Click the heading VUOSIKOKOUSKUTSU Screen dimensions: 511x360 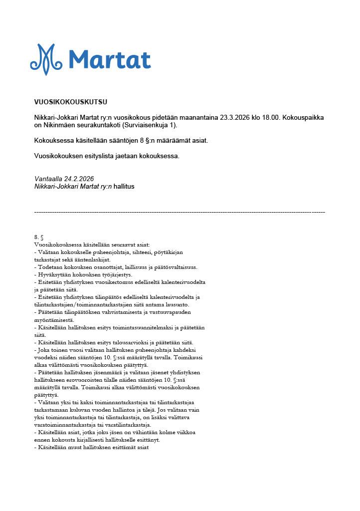pos(70,102)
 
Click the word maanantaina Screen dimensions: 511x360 pos(198,117)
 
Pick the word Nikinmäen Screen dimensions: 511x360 pos(60,125)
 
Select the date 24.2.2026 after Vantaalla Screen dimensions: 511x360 pos(79,179)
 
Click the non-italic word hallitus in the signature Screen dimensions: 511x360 pos(124,186)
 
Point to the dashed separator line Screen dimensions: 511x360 pos(180,213)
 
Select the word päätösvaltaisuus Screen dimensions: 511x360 pos(173,267)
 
